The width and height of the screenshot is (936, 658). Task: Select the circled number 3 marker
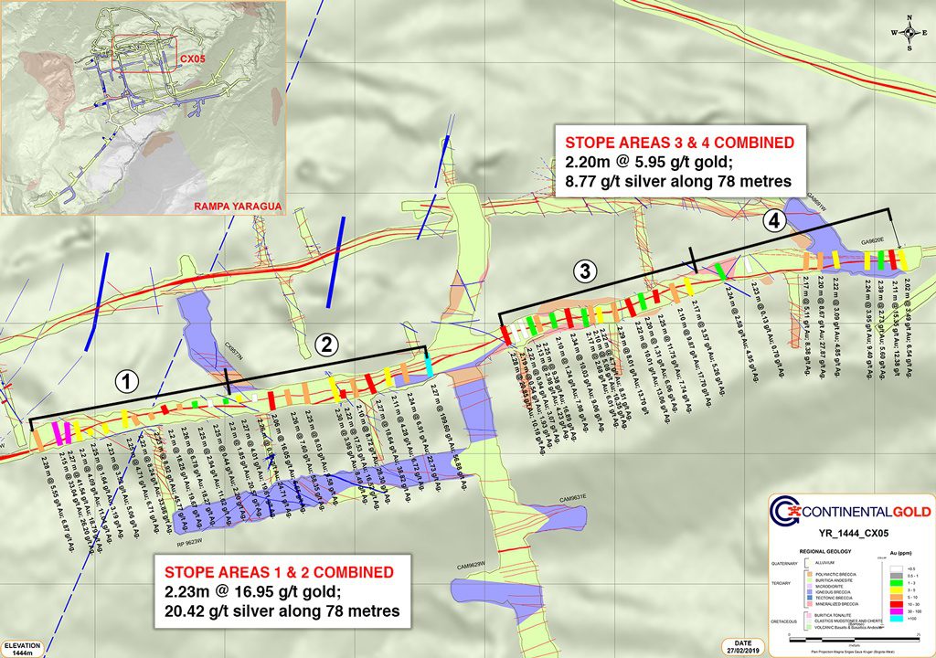click(x=585, y=271)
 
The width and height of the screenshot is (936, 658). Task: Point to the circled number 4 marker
click(x=773, y=220)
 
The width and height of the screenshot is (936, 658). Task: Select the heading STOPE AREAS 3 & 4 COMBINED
click(x=678, y=143)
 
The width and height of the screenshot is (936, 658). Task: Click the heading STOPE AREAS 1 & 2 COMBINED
click(x=280, y=571)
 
